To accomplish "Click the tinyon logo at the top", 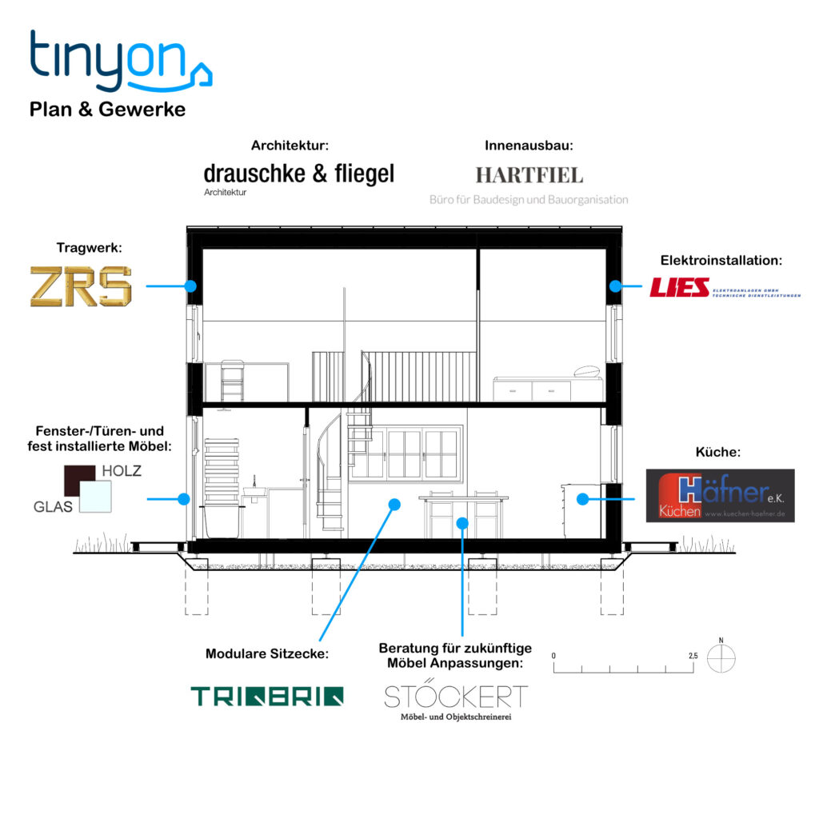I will point(120,62).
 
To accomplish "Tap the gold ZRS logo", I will point(81,286).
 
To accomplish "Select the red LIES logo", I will point(680,287).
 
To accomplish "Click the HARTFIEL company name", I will point(529,175).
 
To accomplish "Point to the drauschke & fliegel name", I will point(298,174).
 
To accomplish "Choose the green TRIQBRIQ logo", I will point(267,696).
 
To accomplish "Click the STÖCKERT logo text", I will point(456,696).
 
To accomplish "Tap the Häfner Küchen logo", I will point(720,496).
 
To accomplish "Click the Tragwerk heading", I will point(89,249).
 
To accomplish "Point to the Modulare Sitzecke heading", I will point(267,653).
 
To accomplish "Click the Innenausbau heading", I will point(529,146).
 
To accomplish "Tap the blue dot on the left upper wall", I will point(190,286).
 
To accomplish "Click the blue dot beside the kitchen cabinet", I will point(583,498).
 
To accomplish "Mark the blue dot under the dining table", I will point(461,523).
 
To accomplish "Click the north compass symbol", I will point(722,657).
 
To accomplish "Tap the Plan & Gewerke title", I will point(107,110).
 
